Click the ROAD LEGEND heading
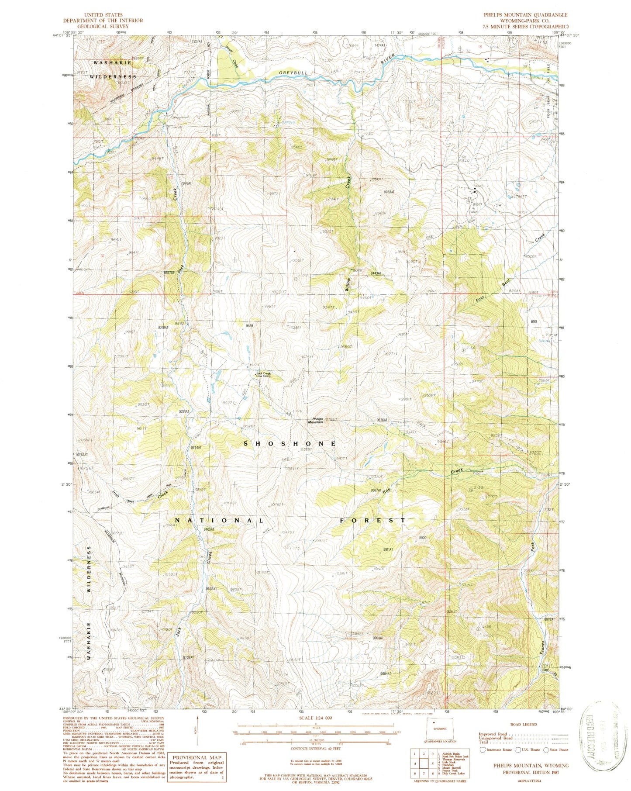pyautogui.click(x=524, y=724)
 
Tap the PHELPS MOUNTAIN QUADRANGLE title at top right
pyautogui.click(x=525, y=15)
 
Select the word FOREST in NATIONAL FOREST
pyautogui.click(x=373, y=520)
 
